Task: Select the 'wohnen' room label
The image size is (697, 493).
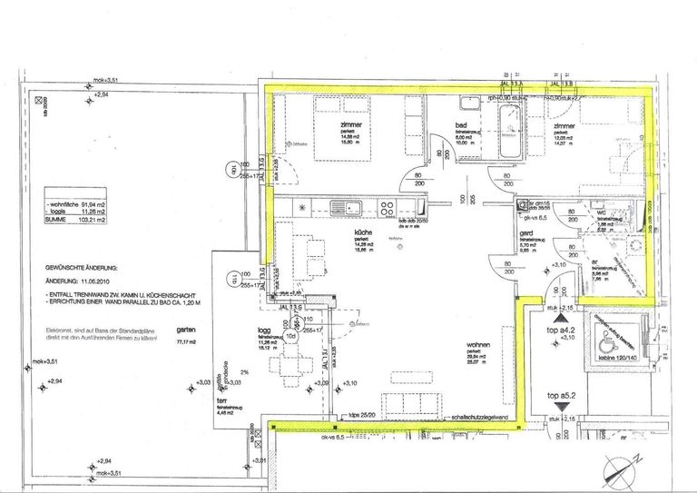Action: click(x=479, y=345)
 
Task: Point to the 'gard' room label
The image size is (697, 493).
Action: click(x=525, y=232)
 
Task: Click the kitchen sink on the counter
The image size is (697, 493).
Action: click(x=342, y=207)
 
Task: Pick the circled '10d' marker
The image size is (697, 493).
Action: click(x=292, y=335)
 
